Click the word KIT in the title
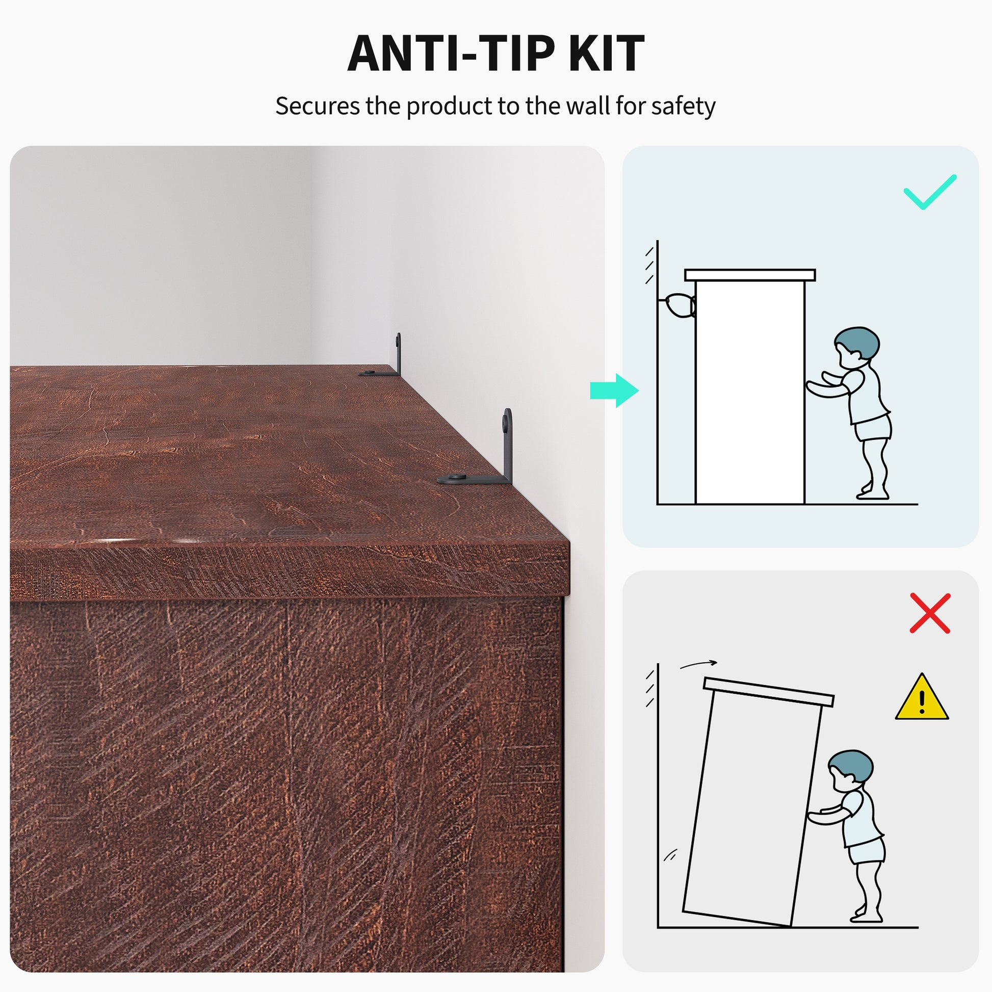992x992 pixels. (606, 54)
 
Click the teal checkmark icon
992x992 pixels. (930, 192)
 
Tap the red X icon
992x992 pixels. (930, 613)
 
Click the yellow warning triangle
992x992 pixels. (922, 697)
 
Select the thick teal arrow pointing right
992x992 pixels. (614, 390)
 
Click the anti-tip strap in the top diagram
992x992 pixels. (679, 306)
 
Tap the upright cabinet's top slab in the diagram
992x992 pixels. (750, 275)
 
